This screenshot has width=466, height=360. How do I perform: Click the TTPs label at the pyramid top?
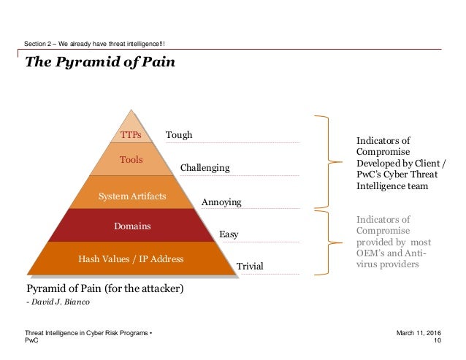click(131, 135)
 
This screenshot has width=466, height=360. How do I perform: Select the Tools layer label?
click(131, 159)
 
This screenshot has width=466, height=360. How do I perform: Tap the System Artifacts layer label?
click(131, 196)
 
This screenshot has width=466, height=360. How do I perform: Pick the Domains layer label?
click(132, 226)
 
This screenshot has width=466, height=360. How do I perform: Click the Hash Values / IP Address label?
click(131, 258)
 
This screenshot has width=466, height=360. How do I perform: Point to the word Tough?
click(179, 135)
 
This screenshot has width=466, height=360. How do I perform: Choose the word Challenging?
click(205, 168)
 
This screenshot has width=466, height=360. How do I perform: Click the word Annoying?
click(221, 202)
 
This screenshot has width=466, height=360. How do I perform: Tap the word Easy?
click(229, 234)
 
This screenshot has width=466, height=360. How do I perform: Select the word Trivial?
click(250, 267)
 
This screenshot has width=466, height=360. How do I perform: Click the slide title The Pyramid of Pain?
click(100, 62)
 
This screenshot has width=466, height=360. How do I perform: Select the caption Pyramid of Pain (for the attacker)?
click(105, 288)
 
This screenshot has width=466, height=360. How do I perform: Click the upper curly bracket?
click(324, 161)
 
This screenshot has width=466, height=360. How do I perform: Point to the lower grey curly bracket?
click(324, 242)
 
